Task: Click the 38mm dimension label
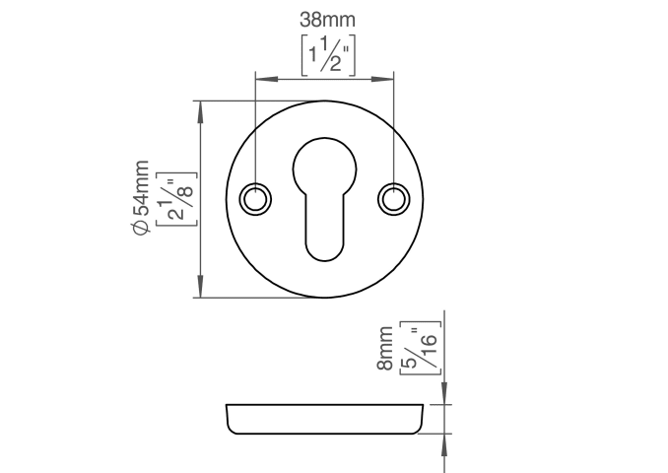point(327,20)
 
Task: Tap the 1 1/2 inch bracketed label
point(328,55)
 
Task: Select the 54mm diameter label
point(141,197)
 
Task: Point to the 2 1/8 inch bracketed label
point(176,199)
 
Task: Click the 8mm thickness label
point(385,348)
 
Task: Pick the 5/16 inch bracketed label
point(420,348)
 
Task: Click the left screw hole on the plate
point(255,199)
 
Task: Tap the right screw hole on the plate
point(394,199)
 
